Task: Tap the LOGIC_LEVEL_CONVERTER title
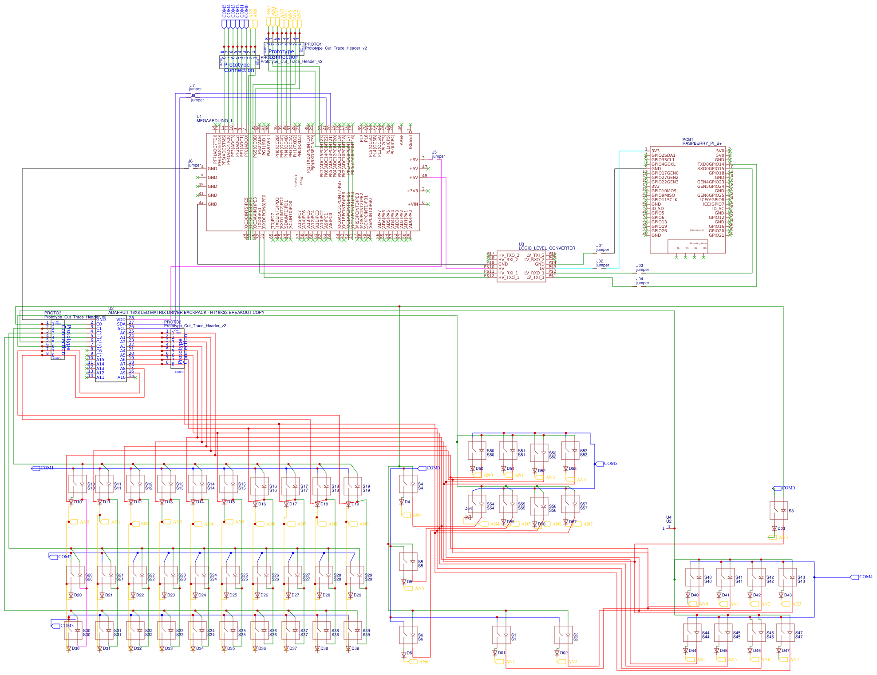(547, 248)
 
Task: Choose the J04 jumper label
(642, 281)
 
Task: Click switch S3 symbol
(778, 511)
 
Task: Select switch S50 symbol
(477, 451)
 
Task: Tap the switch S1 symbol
(502, 635)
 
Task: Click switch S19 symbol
(353, 487)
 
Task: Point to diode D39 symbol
(348, 648)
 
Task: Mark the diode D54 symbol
(468, 517)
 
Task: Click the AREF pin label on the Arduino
(402, 140)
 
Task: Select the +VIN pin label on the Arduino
(413, 204)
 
